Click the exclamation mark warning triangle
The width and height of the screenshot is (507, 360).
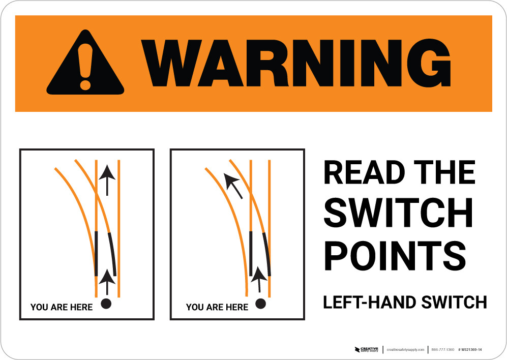coord(85,64)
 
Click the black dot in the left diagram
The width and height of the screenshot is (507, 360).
coord(106,304)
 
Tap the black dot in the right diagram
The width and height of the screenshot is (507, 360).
coord(260,304)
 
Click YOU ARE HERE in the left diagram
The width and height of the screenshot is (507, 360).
coord(62,307)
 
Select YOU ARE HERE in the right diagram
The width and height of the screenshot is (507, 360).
coord(217,307)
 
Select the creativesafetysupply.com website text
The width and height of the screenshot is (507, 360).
coord(405,350)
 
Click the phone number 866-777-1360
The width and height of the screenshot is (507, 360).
coord(442,350)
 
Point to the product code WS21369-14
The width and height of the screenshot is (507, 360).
coord(470,350)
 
